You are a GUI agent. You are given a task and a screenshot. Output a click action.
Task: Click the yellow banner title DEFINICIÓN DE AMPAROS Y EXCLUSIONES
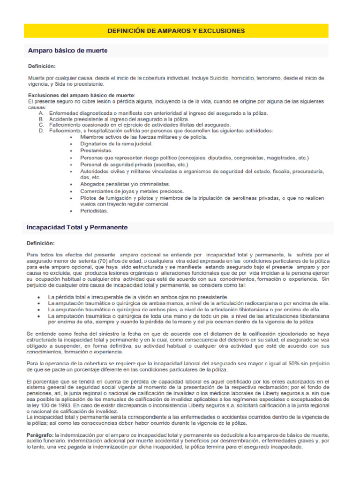[x=176, y=31]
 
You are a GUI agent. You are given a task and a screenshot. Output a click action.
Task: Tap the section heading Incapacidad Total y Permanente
[x=78, y=227]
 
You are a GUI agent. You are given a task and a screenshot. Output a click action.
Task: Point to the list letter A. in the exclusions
[x=42, y=113]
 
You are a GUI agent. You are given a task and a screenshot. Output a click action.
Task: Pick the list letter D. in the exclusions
[x=42, y=131]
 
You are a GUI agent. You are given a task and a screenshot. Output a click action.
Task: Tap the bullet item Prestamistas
[x=97, y=151]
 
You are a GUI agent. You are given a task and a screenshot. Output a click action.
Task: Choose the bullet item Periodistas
[x=94, y=211]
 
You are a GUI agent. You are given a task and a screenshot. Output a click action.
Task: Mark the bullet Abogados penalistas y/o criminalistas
[x=125, y=184]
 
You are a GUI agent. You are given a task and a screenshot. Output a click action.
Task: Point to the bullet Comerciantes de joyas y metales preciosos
[x=132, y=191]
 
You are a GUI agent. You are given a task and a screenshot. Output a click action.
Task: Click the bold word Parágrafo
[x=40, y=435]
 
